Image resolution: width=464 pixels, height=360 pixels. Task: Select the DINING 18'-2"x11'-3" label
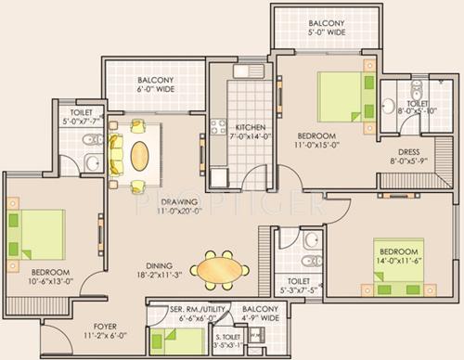click(153, 269)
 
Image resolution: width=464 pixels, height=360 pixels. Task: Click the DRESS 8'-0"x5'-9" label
click(408, 157)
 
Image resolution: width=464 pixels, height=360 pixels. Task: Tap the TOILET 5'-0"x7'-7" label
click(80, 115)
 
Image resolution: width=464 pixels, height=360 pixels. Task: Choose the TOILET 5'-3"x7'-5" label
click(299, 283)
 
